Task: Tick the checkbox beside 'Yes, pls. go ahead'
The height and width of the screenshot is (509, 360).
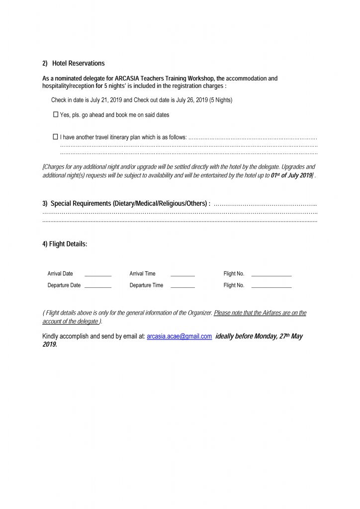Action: coord(56,115)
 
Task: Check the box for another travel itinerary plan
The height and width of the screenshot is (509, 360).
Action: coord(56,137)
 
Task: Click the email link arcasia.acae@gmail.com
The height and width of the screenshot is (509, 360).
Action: coord(180,337)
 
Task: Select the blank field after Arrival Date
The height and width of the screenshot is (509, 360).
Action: coord(98,274)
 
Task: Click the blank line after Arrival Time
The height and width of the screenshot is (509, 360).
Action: coord(182,274)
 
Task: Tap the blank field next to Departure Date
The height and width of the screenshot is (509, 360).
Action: coord(98,286)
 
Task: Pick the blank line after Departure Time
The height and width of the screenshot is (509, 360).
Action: coord(182,286)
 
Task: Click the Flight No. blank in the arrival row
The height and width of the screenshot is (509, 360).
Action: coord(271,274)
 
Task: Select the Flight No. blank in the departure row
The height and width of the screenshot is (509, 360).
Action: coord(271,286)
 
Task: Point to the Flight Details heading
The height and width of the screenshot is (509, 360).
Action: coord(65,244)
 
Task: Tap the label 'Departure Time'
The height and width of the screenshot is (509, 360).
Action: coord(146,286)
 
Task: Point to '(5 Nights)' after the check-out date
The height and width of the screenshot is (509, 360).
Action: coord(221,100)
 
